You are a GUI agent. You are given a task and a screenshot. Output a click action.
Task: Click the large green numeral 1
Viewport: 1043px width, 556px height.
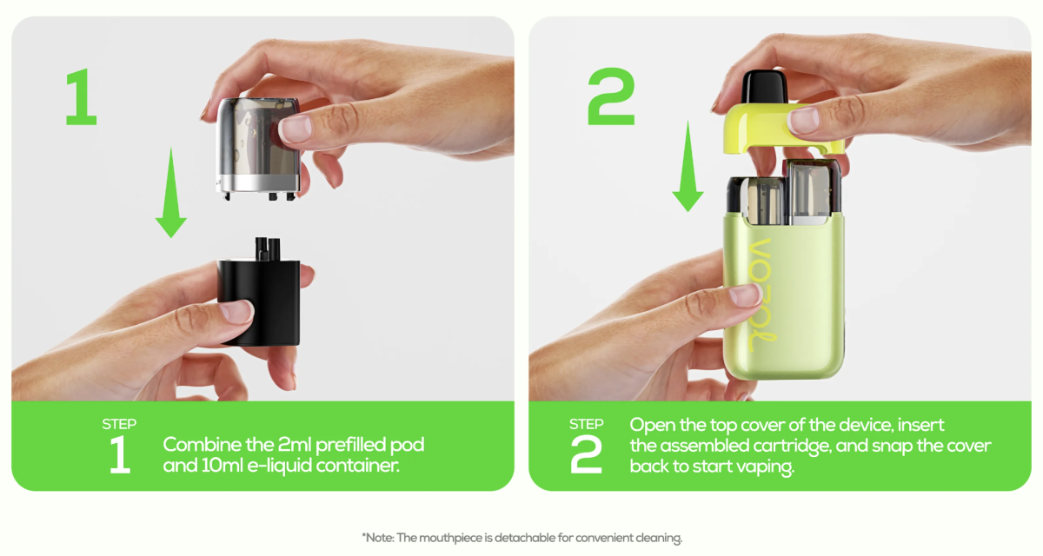coord(82,96)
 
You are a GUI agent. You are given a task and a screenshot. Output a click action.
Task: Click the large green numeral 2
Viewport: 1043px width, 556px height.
coord(611,96)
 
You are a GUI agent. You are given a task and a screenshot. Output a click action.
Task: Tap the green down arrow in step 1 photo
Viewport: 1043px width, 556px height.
coord(171,193)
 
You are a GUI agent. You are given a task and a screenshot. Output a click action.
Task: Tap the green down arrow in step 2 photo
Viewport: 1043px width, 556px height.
coord(688,166)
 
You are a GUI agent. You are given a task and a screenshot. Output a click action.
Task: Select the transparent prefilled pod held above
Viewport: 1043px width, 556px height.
coord(258,148)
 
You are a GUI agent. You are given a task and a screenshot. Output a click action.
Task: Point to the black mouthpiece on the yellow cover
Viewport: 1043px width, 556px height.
coord(765,87)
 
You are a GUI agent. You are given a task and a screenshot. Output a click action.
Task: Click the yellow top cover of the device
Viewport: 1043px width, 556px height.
coord(782,129)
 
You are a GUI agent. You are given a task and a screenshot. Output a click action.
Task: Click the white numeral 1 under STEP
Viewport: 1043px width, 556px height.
coord(120,454)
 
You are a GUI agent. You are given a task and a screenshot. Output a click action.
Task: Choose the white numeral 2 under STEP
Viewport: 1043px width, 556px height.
coord(586,454)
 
